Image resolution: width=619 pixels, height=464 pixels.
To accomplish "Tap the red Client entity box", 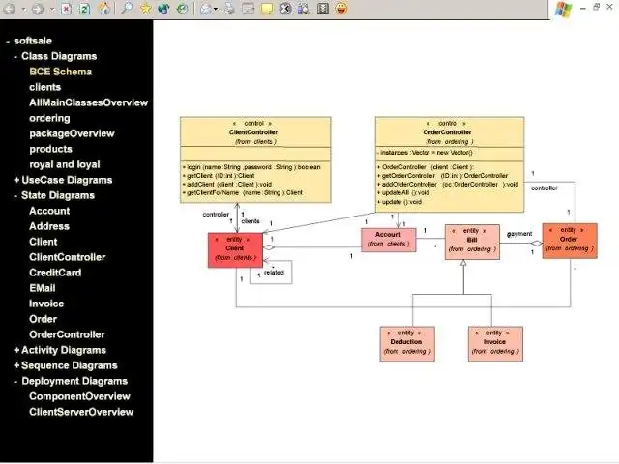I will [235, 248].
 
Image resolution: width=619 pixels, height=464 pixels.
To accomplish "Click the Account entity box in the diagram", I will [388, 239].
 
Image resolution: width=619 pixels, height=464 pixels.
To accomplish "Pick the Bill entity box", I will [472, 243].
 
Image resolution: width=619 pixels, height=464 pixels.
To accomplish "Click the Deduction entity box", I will [405, 342].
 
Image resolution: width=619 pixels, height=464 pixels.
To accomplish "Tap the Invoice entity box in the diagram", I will [494, 342].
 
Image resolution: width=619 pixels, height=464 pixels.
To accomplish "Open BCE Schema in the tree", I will [61, 72].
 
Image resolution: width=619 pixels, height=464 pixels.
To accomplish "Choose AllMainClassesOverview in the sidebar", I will [88, 102].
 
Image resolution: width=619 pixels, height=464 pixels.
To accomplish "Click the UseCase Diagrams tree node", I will [67, 180].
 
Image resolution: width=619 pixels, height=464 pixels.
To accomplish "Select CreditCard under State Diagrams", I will [55, 273].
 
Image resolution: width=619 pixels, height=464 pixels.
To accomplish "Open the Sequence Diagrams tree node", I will [70, 365].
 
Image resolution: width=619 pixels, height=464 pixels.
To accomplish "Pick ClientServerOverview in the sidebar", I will [81, 412].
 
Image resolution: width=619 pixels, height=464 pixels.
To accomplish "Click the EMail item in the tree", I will [43, 288].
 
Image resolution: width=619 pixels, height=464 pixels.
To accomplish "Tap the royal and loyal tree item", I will [65, 164].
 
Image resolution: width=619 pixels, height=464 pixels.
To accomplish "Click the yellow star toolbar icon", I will [146, 9].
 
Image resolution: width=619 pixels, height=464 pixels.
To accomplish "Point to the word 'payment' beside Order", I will [520, 234].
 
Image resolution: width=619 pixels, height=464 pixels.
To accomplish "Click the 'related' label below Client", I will [274, 274].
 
